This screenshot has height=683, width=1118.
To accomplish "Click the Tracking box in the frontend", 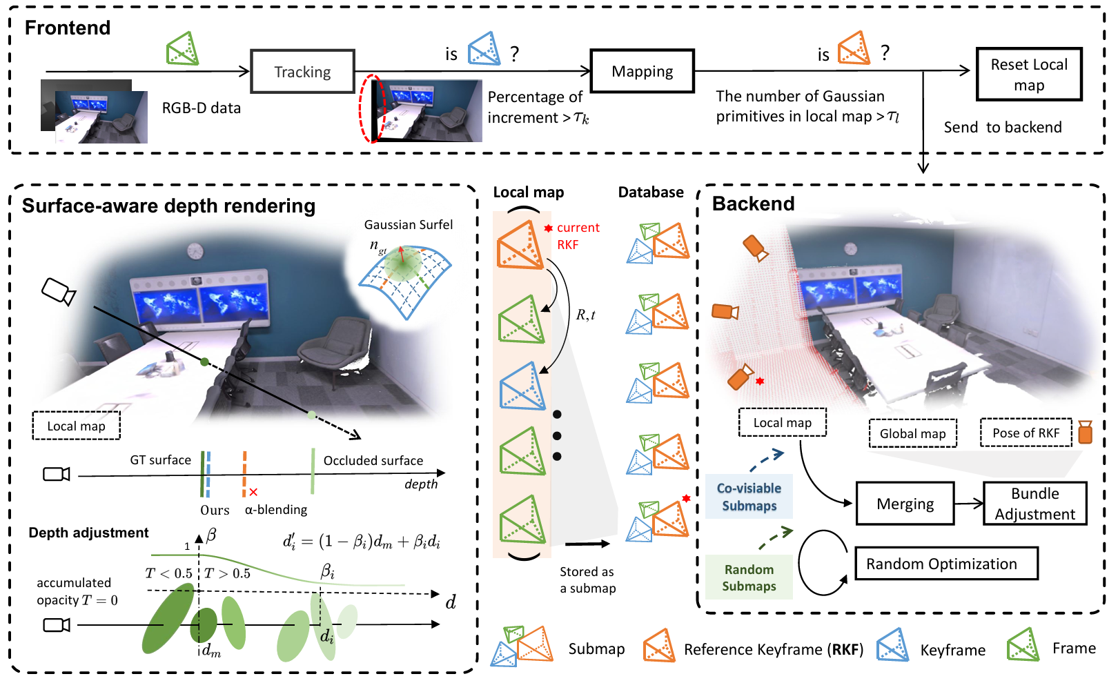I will point(302,72).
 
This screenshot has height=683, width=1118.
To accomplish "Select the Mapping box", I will point(642,71).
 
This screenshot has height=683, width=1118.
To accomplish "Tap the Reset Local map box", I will point(1028,75).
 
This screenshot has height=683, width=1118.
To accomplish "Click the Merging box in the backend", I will point(905,504).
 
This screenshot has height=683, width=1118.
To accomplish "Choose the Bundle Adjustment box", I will point(1034,504).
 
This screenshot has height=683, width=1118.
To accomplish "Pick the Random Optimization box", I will point(946,564).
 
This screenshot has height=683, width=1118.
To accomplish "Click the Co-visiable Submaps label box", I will point(749,497).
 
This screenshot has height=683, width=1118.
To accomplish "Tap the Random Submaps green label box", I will point(749,577).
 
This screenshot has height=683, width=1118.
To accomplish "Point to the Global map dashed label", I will point(912,433).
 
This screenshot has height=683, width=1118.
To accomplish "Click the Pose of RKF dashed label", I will point(1026,433).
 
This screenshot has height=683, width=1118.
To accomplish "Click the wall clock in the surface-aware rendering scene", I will point(196,251).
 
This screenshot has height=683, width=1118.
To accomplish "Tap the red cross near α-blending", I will point(253,492).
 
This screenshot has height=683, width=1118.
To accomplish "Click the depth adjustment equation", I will point(361,542).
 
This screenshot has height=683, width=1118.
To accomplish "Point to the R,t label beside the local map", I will point(585,315).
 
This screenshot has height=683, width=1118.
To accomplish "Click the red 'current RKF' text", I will point(577,236).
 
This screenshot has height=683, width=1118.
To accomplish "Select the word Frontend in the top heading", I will point(68,28).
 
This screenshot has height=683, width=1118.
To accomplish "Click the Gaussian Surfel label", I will point(409,225).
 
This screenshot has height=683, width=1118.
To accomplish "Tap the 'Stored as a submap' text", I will point(587,580).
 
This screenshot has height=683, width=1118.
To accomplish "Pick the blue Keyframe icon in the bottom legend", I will point(893,646).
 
